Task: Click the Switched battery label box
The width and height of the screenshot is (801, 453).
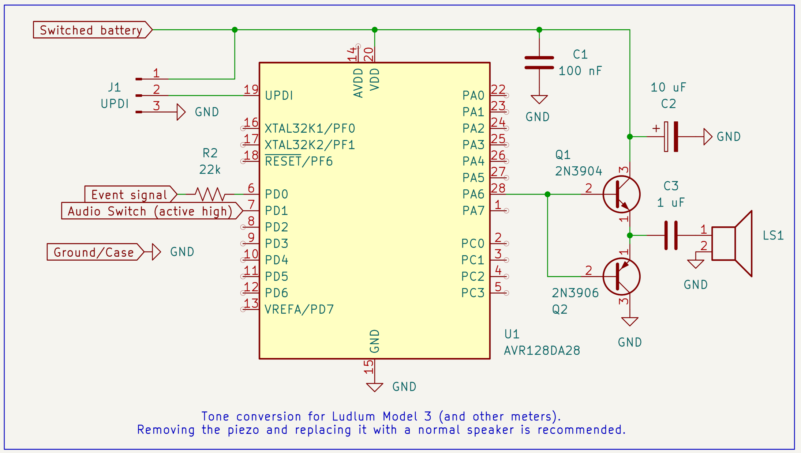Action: (x=91, y=30)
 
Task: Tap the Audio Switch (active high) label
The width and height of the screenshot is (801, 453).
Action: (x=150, y=211)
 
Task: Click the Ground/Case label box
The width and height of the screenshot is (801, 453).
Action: (x=94, y=252)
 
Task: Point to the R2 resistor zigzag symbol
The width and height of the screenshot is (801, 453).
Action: (x=210, y=194)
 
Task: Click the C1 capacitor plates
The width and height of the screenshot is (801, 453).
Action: (x=539, y=63)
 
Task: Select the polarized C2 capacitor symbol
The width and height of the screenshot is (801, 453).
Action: (x=671, y=137)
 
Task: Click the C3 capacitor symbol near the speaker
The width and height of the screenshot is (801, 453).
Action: (x=671, y=235)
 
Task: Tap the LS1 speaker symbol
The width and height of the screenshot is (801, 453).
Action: (x=732, y=244)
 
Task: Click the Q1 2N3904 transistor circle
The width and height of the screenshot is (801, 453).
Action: (x=621, y=194)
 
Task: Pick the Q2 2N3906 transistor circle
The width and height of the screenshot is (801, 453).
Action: (x=621, y=276)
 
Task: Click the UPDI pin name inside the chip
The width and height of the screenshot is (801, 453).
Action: (x=279, y=96)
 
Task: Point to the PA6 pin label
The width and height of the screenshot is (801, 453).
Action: (x=473, y=194)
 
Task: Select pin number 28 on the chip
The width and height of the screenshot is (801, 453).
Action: (x=498, y=188)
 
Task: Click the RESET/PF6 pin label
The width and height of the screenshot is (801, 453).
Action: (x=299, y=161)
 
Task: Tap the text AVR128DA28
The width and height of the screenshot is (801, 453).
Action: (x=542, y=351)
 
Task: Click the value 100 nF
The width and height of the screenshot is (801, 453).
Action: (x=580, y=71)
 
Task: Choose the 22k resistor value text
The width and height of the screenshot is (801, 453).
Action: (x=210, y=170)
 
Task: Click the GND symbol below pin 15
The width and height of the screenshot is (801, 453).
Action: (x=374, y=387)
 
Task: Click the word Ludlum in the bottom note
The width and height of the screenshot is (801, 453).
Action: (x=353, y=416)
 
